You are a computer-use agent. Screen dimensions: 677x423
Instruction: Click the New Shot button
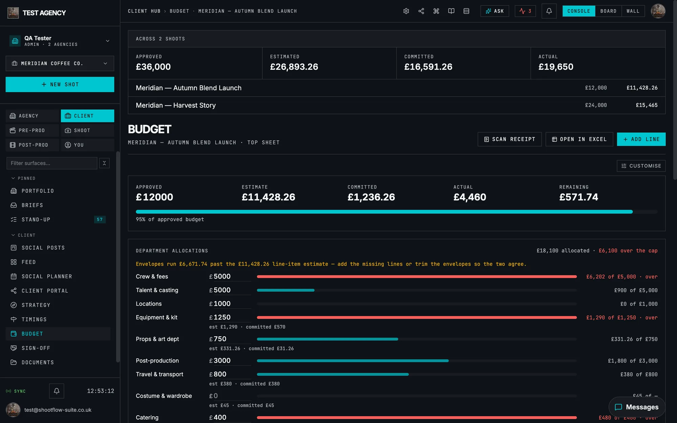(60, 84)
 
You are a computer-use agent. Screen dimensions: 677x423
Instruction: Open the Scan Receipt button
(509, 139)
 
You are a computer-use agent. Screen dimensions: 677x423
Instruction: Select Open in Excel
(579, 139)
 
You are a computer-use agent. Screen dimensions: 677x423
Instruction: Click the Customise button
(641, 166)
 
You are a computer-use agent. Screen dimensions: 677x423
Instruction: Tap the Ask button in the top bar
(495, 11)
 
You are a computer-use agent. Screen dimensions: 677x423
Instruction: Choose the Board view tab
(608, 11)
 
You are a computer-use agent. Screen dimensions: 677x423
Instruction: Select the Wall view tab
(633, 11)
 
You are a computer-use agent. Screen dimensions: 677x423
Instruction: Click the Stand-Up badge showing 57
(100, 220)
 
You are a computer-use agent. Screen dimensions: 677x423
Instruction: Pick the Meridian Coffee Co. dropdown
(60, 63)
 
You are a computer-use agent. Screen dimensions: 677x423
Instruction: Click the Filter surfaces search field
(52, 163)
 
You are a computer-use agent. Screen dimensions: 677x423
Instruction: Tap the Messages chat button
(637, 407)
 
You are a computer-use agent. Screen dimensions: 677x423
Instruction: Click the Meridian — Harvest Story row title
(176, 105)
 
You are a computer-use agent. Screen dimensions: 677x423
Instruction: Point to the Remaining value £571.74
(578, 197)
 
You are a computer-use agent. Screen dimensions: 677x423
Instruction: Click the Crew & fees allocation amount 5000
(222, 276)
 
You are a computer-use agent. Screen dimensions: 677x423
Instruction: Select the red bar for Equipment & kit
(417, 317)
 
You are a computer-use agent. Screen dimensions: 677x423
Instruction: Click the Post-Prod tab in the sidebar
(32, 145)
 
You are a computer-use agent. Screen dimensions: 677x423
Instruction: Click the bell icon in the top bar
(549, 11)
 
